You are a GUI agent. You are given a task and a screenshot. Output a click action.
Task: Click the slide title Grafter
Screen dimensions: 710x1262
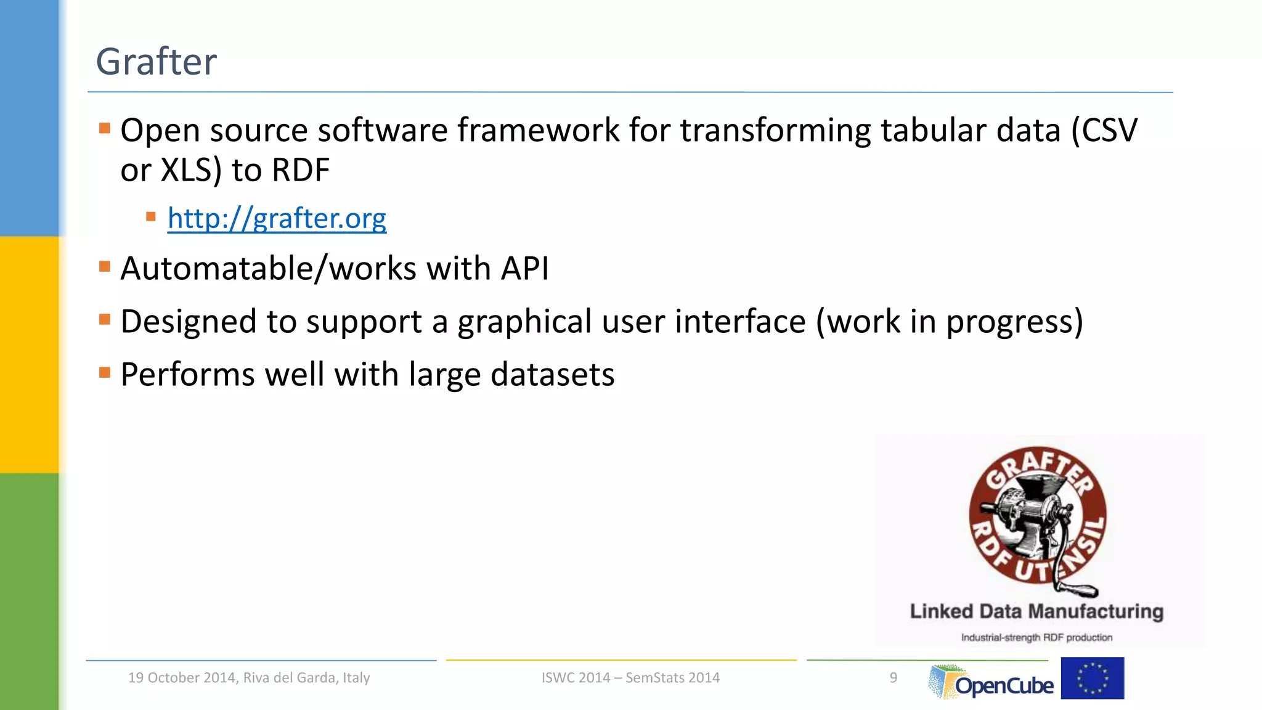point(157,62)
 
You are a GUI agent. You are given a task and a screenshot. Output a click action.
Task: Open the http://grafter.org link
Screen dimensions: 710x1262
point(277,218)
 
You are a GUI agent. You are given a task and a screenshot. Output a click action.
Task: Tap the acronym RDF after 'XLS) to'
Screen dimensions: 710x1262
point(301,170)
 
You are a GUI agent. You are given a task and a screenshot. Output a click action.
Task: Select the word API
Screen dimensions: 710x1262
point(524,269)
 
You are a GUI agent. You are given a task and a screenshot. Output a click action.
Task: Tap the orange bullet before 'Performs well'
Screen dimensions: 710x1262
point(105,372)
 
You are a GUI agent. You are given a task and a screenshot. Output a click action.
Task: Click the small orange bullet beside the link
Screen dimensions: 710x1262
point(151,217)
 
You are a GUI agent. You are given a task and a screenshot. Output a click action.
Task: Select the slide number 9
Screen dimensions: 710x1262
point(893,678)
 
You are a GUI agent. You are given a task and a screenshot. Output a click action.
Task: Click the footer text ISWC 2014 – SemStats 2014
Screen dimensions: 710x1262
point(630,678)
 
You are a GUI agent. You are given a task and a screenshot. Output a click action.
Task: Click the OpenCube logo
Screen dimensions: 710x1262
point(991,682)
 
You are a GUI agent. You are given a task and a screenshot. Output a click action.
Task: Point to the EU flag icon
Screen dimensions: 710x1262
point(1092,678)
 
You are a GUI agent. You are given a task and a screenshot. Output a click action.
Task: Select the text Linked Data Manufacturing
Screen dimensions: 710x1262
point(1036,611)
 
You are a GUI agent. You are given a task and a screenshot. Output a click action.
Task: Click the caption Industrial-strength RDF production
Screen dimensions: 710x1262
point(1036,637)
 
